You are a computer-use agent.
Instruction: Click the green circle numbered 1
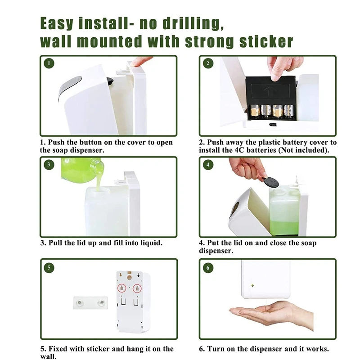(49, 63)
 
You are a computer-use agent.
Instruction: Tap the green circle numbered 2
(208, 63)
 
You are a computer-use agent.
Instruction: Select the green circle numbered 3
(49, 165)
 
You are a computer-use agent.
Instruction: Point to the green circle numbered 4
(208, 165)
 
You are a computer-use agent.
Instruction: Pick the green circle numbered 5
(49, 268)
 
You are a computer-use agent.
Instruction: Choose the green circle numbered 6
(208, 268)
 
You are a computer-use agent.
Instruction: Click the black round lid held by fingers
(271, 183)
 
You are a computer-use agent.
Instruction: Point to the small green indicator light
(252, 286)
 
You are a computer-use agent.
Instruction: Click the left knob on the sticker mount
(80, 303)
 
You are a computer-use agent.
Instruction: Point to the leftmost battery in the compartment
(254, 111)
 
